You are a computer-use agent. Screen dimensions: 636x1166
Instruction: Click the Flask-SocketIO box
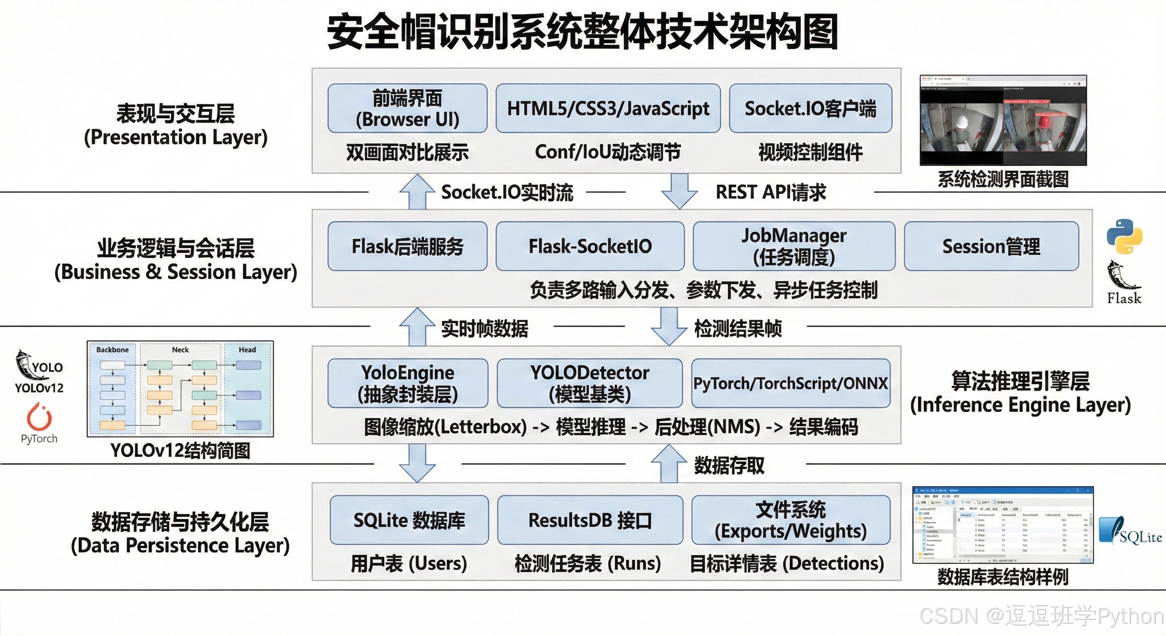click(x=590, y=246)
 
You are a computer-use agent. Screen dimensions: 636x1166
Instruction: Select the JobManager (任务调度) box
click(x=794, y=246)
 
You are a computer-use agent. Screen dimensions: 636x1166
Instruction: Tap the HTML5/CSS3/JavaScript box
click(x=608, y=108)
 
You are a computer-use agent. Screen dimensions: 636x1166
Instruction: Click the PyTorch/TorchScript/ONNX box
click(x=790, y=383)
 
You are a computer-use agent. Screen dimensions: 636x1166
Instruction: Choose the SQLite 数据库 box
click(x=409, y=520)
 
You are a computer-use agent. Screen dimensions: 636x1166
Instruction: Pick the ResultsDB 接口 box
click(x=590, y=520)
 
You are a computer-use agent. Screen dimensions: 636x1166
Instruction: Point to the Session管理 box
click(x=991, y=246)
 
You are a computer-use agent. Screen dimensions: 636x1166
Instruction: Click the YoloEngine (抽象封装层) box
click(x=408, y=383)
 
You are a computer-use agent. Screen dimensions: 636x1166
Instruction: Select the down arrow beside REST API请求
click(x=679, y=191)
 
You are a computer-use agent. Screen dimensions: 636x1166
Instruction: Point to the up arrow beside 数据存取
click(x=669, y=464)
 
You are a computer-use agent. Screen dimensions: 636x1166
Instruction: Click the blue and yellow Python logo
click(x=1124, y=236)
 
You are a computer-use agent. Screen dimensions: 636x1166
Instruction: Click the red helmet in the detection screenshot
click(x=1043, y=121)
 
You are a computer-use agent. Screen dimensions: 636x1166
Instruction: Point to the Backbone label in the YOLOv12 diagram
click(x=112, y=350)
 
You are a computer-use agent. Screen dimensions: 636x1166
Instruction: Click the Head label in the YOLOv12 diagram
click(x=247, y=350)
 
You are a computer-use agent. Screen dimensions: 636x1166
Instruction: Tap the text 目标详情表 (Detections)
click(x=787, y=564)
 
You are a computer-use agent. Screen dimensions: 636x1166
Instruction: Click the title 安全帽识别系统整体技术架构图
click(x=583, y=32)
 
